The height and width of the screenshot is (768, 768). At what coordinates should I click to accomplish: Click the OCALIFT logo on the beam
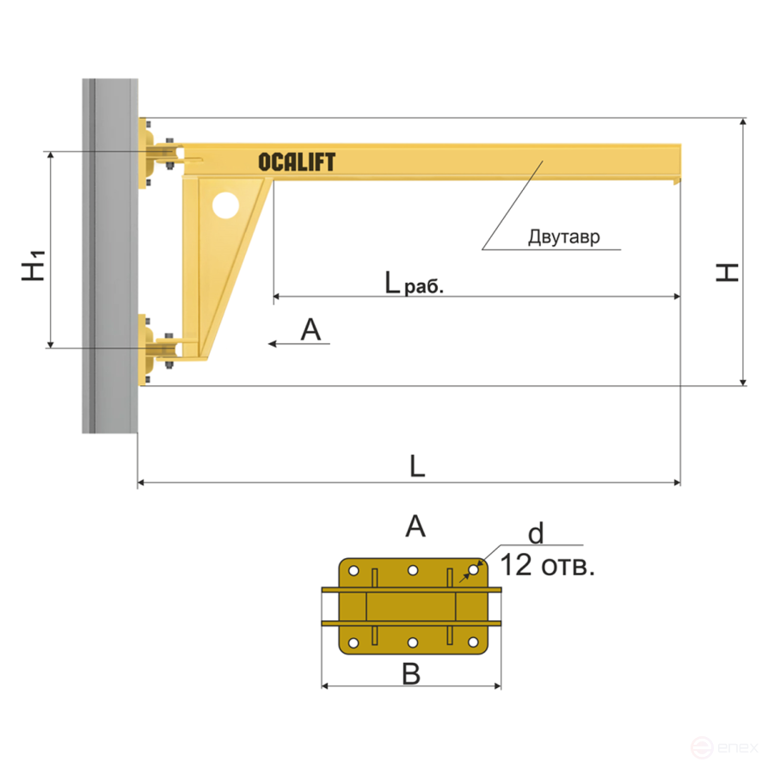click(297, 163)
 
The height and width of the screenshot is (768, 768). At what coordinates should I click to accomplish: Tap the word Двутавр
click(564, 237)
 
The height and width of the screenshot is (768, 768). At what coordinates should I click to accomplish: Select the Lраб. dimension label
click(414, 283)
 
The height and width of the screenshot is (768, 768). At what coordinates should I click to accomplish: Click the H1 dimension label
click(34, 265)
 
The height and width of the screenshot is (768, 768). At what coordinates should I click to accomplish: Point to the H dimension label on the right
click(728, 273)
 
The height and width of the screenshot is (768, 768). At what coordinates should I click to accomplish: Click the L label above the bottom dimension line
click(417, 466)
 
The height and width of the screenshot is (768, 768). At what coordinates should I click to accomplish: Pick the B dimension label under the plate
click(411, 674)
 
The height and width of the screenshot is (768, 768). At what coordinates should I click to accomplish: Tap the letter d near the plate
click(536, 533)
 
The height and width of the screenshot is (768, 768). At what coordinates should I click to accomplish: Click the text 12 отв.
click(548, 565)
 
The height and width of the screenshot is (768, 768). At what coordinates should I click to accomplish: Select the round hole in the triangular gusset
click(225, 206)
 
